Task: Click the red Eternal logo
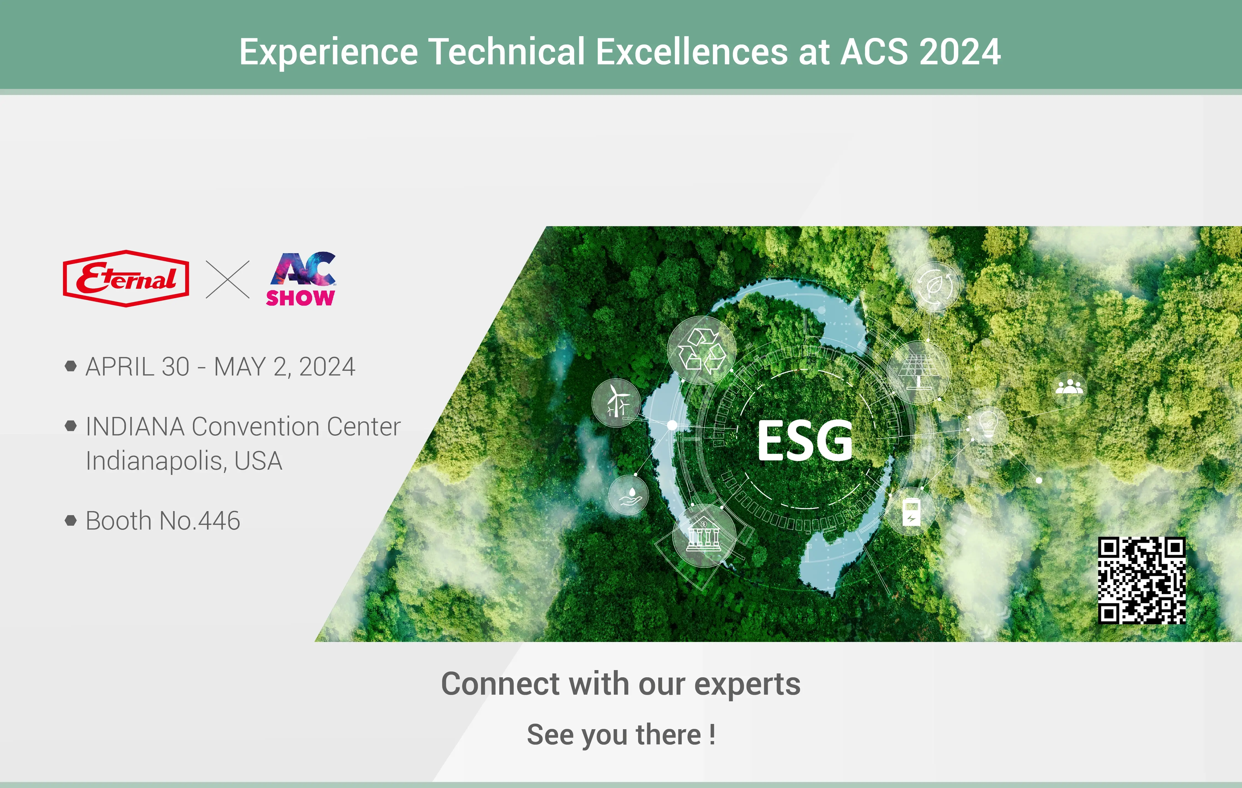(x=126, y=279)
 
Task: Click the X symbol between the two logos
(x=227, y=279)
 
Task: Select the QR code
(x=1142, y=580)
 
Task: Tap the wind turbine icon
(x=616, y=403)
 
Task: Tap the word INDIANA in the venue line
(x=135, y=427)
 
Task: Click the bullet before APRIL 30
(x=71, y=366)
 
